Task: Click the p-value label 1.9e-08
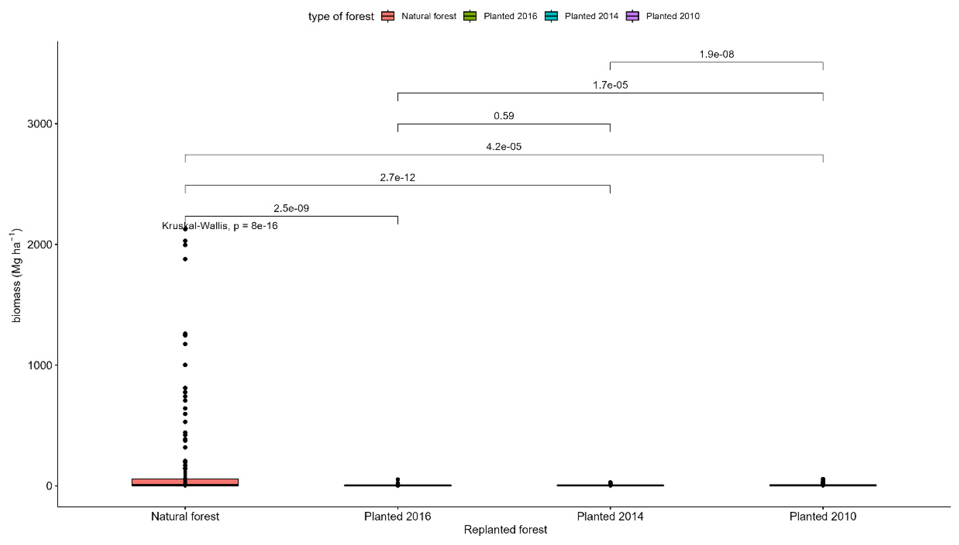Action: tap(716, 54)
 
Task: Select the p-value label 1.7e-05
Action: tap(610, 85)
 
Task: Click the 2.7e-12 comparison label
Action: tap(397, 177)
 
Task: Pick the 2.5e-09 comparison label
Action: tap(291, 208)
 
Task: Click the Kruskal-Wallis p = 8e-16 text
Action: tap(220, 226)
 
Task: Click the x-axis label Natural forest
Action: tap(185, 516)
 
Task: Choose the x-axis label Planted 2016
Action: tap(397, 516)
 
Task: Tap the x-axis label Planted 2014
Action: tap(610, 516)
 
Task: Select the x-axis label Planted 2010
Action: tap(823, 516)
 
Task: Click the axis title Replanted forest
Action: tap(505, 530)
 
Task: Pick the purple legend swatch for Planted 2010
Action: tap(632, 16)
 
